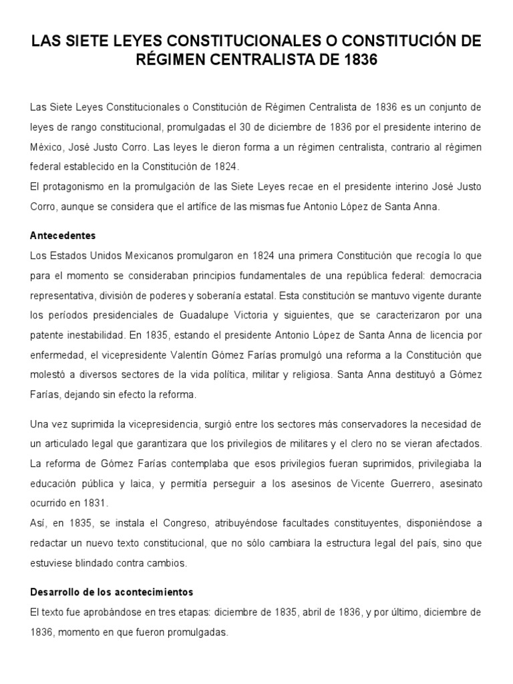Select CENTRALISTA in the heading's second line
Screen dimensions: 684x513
click(270, 61)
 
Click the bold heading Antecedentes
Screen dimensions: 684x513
click(63, 236)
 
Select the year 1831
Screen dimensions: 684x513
click(98, 502)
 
